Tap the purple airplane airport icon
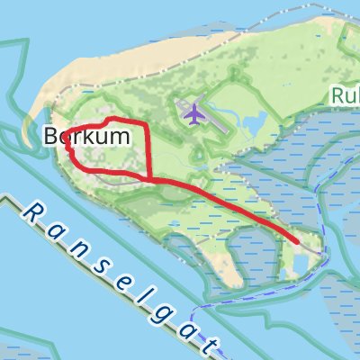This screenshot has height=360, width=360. click(x=193, y=114)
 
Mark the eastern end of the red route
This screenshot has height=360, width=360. click(x=297, y=240)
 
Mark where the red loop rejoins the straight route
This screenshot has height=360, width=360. click(x=148, y=178)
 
